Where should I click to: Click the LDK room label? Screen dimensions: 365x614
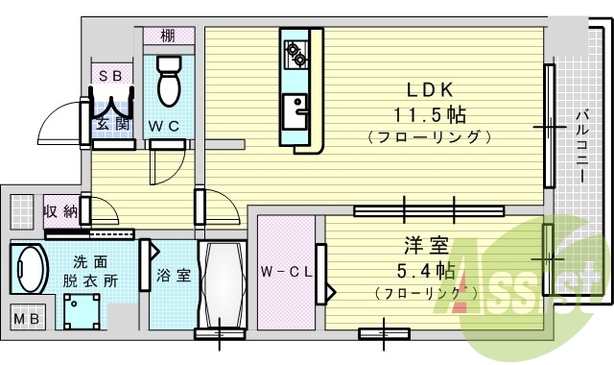[429, 91]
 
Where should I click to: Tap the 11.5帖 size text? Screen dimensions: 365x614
[429, 115]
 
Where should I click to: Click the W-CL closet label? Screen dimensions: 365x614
[287, 271]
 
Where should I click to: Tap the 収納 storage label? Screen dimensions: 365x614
[59, 210]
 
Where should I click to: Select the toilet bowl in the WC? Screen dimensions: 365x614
[170, 82]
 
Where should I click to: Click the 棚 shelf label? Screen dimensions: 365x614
[168, 36]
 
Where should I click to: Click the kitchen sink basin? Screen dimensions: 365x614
[295, 109]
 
